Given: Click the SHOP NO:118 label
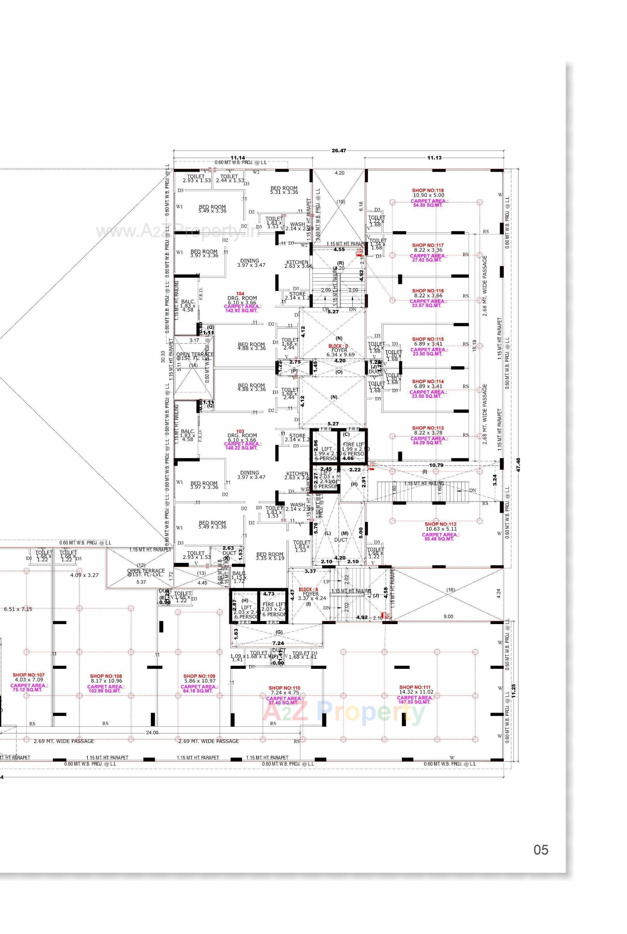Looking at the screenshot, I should coord(428,191).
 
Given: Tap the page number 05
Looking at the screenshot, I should coord(541,850).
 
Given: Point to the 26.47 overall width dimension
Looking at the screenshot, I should coord(339,151).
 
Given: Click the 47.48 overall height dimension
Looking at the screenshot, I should coord(519,465).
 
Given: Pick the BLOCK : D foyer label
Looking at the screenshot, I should coord(338,346).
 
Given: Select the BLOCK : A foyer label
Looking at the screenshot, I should coord(309,589).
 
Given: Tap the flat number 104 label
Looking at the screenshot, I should coord(240,294).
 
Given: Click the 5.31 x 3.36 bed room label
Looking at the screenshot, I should coord(284,190).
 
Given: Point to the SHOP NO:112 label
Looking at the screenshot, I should coord(440,524).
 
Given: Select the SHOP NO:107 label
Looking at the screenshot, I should coord(29,675).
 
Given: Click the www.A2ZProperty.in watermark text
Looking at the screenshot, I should coord(178,231).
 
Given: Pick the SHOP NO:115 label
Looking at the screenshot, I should coord(428,339).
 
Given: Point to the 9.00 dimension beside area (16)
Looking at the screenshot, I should coord(448,617).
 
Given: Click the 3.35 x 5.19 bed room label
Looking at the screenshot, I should coord(270,556).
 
